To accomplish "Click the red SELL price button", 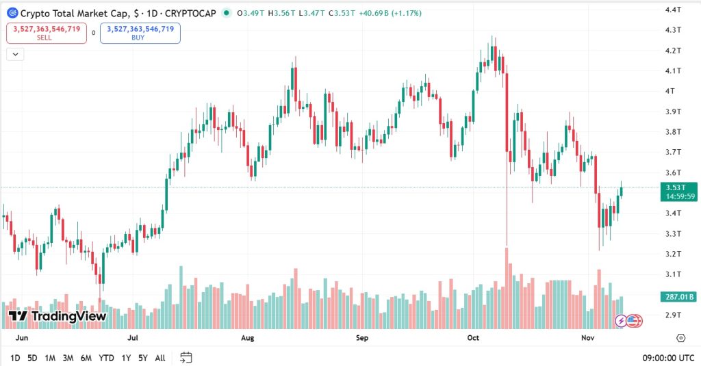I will tap(47, 33).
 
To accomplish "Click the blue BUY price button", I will tap(140, 33).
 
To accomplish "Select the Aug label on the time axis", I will tap(248, 338).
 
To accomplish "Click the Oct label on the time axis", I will tap(473, 338).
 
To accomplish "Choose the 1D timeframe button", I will tap(15, 358).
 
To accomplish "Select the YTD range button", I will tap(106, 358).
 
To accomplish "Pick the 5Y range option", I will tap(142, 358).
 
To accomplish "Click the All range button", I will tap(160, 358).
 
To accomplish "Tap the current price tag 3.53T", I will tap(678, 187).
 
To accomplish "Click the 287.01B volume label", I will tap(678, 297).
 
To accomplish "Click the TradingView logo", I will tap(58, 316).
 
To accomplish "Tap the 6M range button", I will tap(86, 358).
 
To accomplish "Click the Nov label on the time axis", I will tap(588, 338).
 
